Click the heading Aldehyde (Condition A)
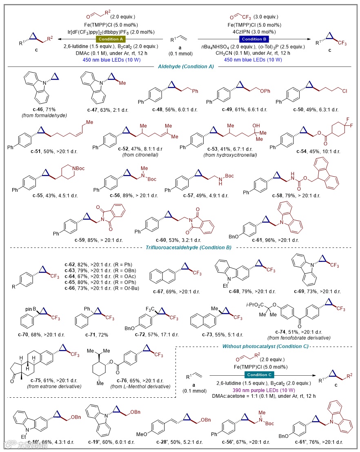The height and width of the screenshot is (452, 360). [x=181, y=67]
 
